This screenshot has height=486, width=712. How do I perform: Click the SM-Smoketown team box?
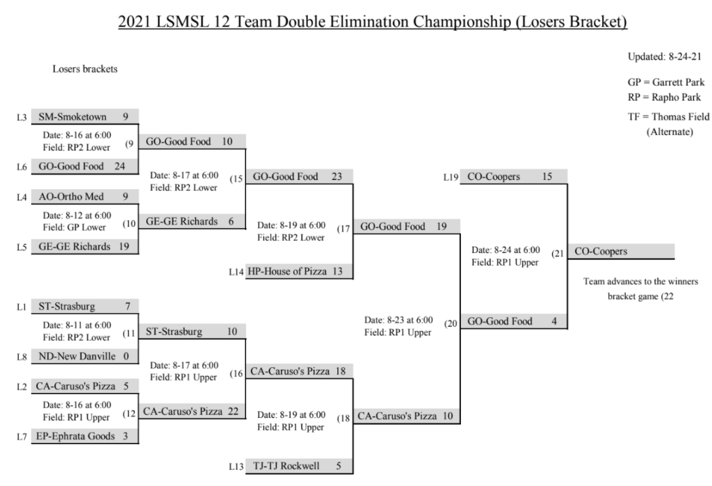(x=85, y=117)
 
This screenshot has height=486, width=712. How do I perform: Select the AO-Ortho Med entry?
(x=85, y=197)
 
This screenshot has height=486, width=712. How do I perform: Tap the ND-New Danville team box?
(x=85, y=356)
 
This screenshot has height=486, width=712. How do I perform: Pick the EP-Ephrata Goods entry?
(x=85, y=436)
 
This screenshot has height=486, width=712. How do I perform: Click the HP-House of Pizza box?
(x=299, y=271)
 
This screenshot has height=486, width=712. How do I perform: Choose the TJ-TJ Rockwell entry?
(x=299, y=466)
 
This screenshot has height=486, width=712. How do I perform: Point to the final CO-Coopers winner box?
(x=621, y=251)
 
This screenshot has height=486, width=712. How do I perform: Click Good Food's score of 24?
(x=120, y=166)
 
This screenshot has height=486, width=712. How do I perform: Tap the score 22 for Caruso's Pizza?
(x=233, y=411)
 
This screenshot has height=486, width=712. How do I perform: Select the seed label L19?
(x=451, y=177)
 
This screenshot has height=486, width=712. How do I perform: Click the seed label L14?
(x=236, y=272)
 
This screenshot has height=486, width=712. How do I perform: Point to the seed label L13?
(x=236, y=467)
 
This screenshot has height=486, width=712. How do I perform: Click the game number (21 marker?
(x=558, y=254)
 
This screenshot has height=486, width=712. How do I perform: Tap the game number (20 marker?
(x=451, y=323)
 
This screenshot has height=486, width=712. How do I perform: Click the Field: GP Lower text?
(x=74, y=227)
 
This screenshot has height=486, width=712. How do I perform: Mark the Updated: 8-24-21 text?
(x=664, y=57)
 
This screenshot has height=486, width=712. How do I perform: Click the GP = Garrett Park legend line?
(x=666, y=82)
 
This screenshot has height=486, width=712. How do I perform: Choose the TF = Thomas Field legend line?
(x=668, y=117)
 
